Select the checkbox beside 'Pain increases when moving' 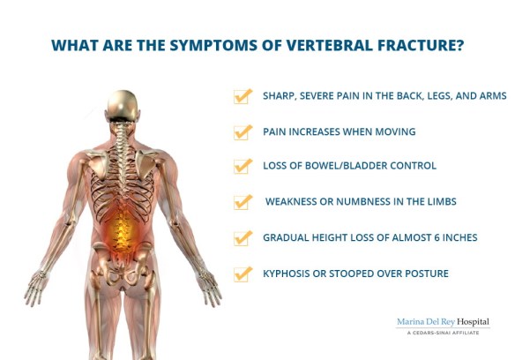point(243,131)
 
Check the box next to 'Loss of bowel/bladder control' point(243,166)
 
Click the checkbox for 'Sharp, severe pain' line point(243,96)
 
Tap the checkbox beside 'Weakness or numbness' point(243,202)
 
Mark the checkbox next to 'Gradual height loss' point(243,238)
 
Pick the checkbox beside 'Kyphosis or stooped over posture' point(243,274)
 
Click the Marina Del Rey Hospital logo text point(442,322)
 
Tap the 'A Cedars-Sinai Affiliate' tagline point(442,334)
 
